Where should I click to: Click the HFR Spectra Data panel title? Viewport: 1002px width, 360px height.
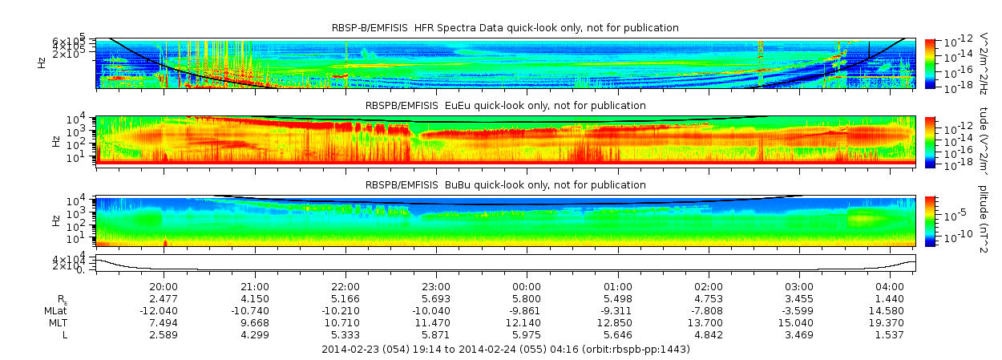[505, 28]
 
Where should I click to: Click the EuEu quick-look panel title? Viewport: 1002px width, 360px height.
[505, 106]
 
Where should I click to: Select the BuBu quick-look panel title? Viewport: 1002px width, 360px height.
[505, 185]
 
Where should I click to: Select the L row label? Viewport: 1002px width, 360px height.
[64, 334]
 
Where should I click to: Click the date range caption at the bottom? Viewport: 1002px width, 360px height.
[505, 350]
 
